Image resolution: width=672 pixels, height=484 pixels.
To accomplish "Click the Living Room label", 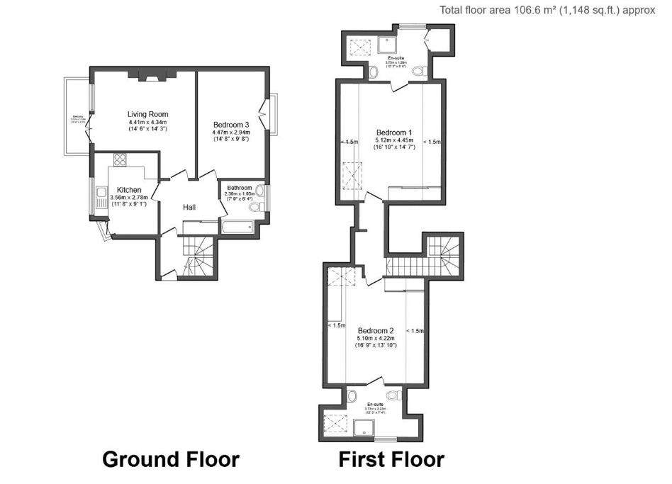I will [x=147, y=114].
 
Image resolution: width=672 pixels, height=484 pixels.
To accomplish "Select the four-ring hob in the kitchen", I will [x=118, y=160].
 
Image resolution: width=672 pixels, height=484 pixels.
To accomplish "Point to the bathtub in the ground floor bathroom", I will [x=236, y=227].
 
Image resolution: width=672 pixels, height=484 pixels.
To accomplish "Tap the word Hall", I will [x=189, y=207].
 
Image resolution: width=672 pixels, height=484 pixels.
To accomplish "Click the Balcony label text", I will [x=78, y=118].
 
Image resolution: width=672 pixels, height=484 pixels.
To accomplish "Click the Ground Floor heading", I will [x=171, y=459].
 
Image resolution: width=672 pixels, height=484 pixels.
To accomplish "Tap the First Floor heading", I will [x=391, y=459].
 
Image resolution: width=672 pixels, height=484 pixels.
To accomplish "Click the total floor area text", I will [x=547, y=10].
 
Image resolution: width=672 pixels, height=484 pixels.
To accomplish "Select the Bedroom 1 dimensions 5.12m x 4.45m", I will [x=394, y=140].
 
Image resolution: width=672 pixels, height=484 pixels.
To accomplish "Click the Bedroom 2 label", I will [x=375, y=330].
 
